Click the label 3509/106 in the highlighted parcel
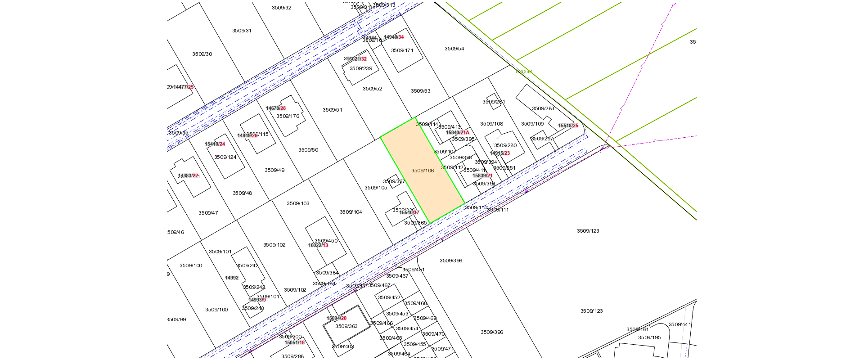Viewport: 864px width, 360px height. click(x=423, y=171)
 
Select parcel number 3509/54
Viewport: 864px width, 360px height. click(x=454, y=49)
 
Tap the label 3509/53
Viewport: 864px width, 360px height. click(x=420, y=91)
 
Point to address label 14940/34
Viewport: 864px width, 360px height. click(x=394, y=37)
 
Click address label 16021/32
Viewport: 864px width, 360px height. click(x=355, y=59)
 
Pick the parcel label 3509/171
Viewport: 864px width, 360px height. click(x=402, y=50)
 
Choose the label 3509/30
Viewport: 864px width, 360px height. click(x=202, y=54)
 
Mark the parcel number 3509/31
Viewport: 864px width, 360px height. click(x=242, y=31)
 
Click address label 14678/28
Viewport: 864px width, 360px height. click(x=276, y=108)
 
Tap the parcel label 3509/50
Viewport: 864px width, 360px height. click(x=308, y=150)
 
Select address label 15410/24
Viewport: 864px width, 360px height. click(x=215, y=144)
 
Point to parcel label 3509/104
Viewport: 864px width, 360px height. click(x=351, y=212)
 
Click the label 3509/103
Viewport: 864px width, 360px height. click(x=298, y=203)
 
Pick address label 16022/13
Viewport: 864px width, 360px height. click(x=318, y=246)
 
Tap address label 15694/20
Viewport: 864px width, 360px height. click(x=337, y=319)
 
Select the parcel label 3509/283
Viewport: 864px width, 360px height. click(x=543, y=108)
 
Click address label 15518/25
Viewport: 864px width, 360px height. click(x=568, y=126)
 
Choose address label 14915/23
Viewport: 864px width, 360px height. click(x=500, y=153)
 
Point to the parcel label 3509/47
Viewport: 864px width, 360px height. click(x=208, y=213)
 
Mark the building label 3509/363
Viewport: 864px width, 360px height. click(x=346, y=326)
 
